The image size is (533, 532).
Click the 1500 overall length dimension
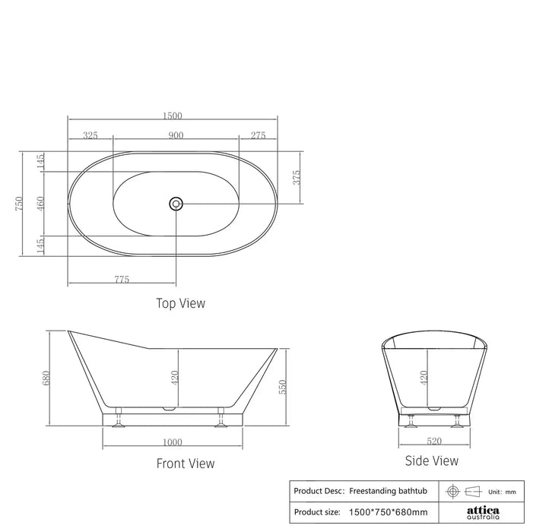point(173,116)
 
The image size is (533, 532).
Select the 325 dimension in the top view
point(90,135)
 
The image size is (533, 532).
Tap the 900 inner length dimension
point(176,135)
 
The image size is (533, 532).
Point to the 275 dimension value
point(258,135)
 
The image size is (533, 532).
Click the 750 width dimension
point(19,204)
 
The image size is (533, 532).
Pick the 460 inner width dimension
point(40,204)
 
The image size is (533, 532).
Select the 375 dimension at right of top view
point(297,178)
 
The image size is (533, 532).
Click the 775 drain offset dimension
point(122,280)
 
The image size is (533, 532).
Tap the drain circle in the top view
point(176,204)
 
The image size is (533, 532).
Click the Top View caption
point(180,303)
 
